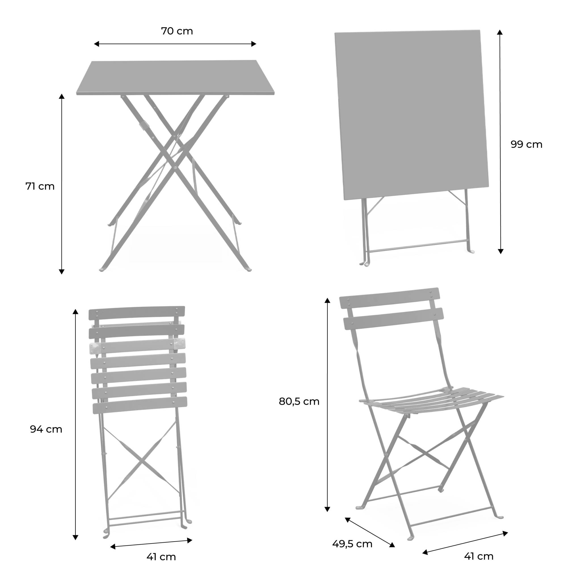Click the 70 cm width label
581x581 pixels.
click(x=177, y=31)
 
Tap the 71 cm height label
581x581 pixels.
click(x=40, y=186)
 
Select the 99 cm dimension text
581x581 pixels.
click(x=526, y=145)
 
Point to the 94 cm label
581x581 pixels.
click(x=46, y=429)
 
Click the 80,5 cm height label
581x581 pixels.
click(x=299, y=401)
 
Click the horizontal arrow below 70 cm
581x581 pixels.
click(x=175, y=44)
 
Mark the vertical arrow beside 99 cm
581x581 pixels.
click(x=500, y=142)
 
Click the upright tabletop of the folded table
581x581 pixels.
click(x=411, y=114)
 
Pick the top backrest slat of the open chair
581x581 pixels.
click(x=390, y=298)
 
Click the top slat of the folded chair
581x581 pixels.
click(x=137, y=313)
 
